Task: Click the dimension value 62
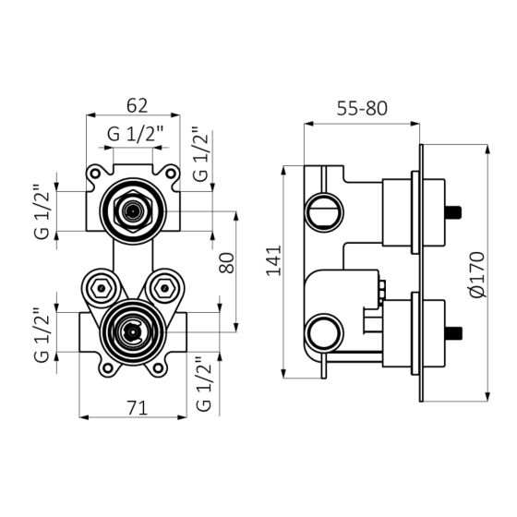pos(138,106)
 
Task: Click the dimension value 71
pos(138,408)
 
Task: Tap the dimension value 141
pos(274,260)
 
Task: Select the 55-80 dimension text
pos(362,109)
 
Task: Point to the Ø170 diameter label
pos(477,275)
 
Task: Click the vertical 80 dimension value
pos(227,263)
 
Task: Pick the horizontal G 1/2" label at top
pos(135,134)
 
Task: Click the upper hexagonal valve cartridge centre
pos(133,211)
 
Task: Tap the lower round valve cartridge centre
pos(133,332)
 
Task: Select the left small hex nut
pos(102,289)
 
